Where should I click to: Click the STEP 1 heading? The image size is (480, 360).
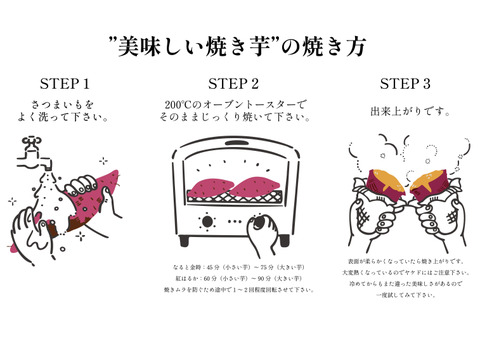pyautogui.click(x=65, y=83)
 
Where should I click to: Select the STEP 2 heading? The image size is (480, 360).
pyautogui.click(x=235, y=83)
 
